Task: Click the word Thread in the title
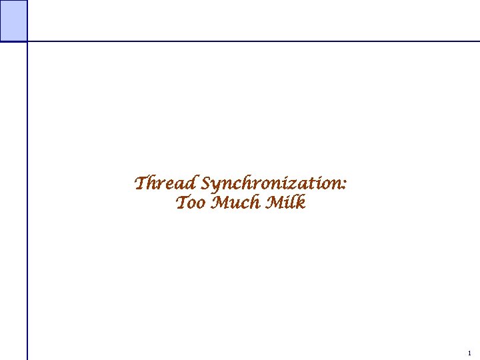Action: pyautogui.click(x=166, y=183)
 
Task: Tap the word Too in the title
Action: pyautogui.click(x=191, y=203)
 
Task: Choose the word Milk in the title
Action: pyautogui.click(x=285, y=203)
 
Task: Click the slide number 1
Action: pyautogui.click(x=469, y=353)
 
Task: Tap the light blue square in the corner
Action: pyautogui.click(x=13, y=20)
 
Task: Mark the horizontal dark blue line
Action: pyautogui.click(x=253, y=41)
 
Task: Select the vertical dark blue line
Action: pyautogui.click(x=27, y=200)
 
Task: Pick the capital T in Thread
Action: pyautogui.click(x=141, y=182)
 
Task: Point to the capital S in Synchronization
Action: pyautogui.click(x=207, y=183)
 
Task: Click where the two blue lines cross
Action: pyautogui.click(x=27, y=41)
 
